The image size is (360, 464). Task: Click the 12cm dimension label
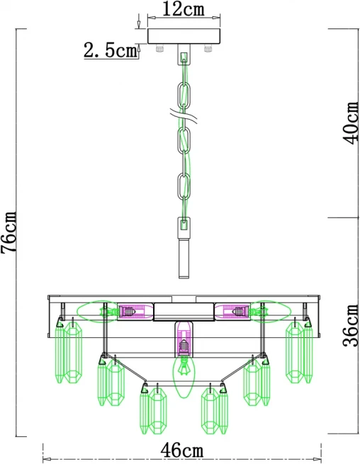coord(184,9)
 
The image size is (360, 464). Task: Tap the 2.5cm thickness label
coord(111,50)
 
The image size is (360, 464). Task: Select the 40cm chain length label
coord(351,123)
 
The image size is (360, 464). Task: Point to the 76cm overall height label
coord(9,232)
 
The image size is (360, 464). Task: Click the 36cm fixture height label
coord(351,326)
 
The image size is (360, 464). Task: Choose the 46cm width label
coord(182,451)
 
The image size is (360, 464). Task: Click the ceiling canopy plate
coord(184,36)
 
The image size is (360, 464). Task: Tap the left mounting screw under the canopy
coord(160,48)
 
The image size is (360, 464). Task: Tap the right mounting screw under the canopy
coord(208,48)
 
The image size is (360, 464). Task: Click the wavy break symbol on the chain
coord(184,116)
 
